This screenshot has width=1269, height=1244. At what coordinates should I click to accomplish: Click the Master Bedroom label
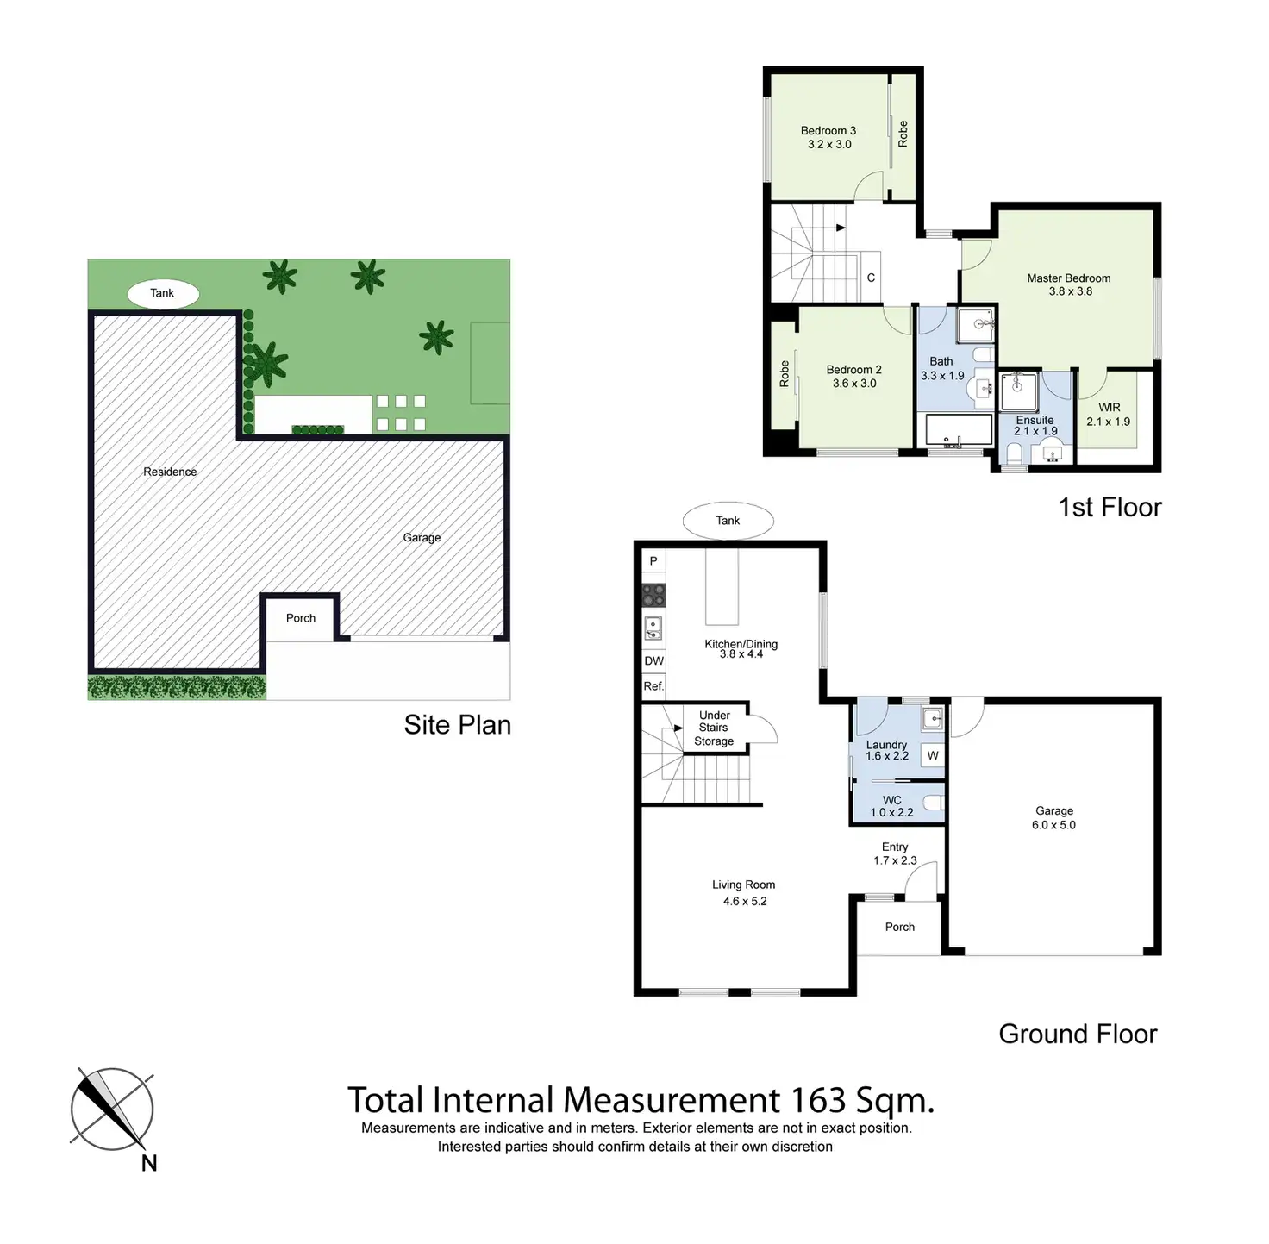1068,278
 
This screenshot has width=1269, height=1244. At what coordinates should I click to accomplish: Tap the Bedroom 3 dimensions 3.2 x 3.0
829,145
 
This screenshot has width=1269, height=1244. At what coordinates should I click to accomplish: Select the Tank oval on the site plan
163,293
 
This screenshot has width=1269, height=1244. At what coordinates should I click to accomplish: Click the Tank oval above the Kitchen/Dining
728,521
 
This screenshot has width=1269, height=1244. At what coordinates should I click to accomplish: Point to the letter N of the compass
149,1164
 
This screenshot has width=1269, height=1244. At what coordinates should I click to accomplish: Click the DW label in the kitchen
654,661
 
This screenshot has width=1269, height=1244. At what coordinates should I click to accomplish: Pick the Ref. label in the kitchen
653,686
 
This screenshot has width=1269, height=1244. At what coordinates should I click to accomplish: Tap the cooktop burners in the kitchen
653,595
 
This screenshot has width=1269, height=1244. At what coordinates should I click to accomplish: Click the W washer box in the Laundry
933,756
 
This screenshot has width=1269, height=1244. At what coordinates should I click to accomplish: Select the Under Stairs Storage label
714,728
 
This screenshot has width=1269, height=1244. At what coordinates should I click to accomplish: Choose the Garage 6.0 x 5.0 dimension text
1053,825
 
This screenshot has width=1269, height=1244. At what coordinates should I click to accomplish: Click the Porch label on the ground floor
899,928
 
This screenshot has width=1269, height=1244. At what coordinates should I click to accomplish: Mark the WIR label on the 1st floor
1110,408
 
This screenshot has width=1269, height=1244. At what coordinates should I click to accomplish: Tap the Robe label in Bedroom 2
785,373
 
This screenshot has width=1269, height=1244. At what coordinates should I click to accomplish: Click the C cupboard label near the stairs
871,278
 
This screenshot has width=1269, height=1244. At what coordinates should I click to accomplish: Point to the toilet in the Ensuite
1015,453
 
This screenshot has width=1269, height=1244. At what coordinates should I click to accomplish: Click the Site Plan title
457,725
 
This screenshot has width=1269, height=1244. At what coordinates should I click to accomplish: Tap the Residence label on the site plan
170,472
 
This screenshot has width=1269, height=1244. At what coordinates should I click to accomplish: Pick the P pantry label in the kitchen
653,561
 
